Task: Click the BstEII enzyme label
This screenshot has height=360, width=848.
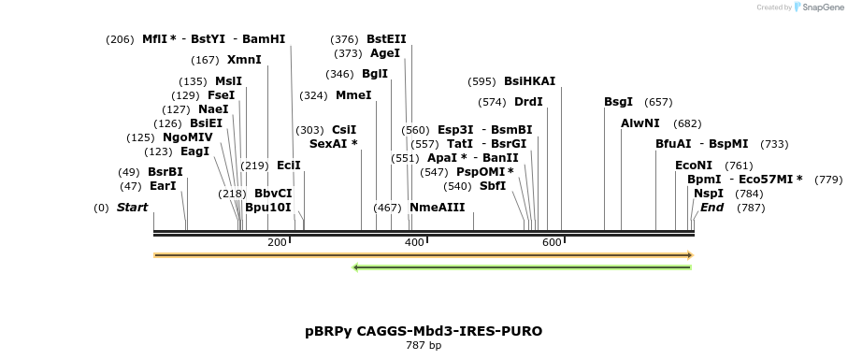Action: point(386,39)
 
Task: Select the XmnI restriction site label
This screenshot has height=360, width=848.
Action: point(244,60)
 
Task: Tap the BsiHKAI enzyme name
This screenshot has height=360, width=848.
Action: point(529,81)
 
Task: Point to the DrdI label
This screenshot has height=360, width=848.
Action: point(528,102)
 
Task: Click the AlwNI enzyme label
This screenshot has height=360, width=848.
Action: point(640,123)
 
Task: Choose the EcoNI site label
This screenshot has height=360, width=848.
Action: point(694,166)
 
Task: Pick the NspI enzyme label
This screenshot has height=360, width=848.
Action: point(709,194)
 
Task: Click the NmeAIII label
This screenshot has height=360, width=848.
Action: point(437,208)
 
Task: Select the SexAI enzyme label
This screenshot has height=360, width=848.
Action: point(334,144)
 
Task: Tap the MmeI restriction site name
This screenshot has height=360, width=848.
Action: point(353,95)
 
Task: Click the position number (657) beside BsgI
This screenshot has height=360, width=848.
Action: point(658,102)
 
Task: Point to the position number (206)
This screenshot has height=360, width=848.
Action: point(120,39)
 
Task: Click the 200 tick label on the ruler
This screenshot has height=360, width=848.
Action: point(277,242)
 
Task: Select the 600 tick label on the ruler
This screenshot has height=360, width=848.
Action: point(551,242)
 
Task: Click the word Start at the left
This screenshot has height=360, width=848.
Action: point(132,208)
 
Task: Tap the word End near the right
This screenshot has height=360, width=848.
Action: point(711,208)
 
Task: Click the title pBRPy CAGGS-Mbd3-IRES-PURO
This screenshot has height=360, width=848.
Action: point(424,331)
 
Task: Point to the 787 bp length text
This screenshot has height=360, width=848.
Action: point(424,346)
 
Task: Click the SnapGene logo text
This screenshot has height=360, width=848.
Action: point(820,7)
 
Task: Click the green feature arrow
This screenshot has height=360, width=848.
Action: point(522,267)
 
